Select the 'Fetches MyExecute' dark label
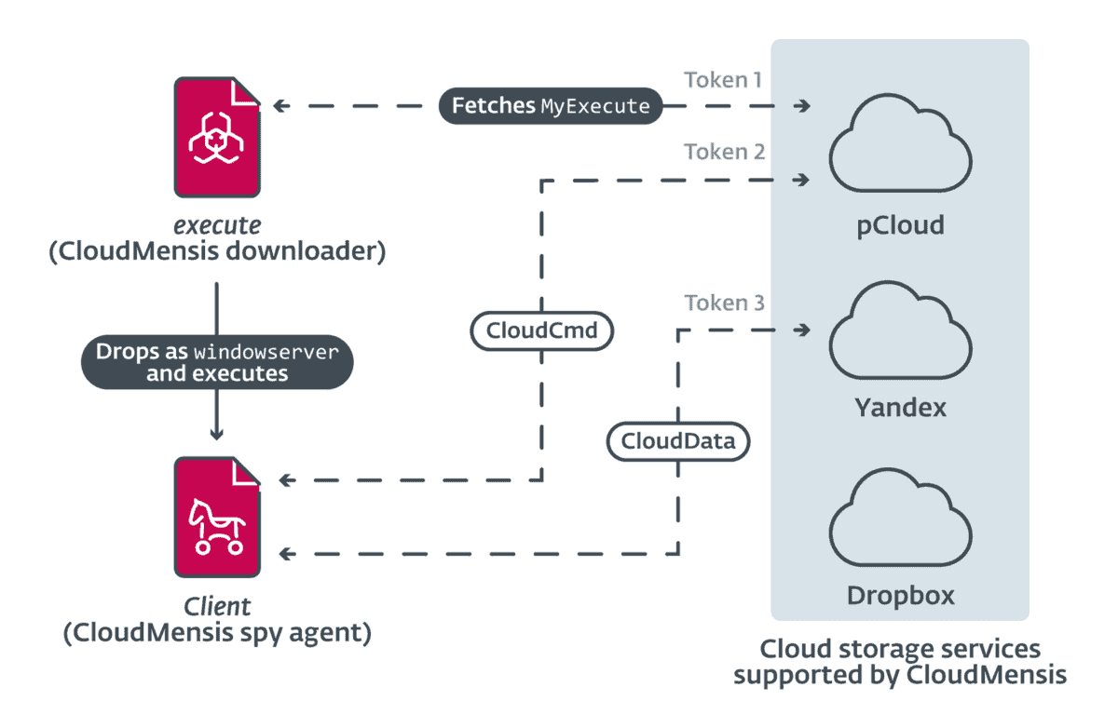coord(551,106)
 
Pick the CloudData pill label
coord(677,441)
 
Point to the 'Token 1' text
coord(723,79)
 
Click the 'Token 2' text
coord(724,151)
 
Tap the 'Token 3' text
coord(724,303)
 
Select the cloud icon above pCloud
coord(900,149)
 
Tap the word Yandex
coord(900,408)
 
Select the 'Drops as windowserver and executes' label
coord(216,362)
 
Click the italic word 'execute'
coord(216,224)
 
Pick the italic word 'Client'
coord(216,606)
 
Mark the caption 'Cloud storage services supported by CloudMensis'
coord(899,661)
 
